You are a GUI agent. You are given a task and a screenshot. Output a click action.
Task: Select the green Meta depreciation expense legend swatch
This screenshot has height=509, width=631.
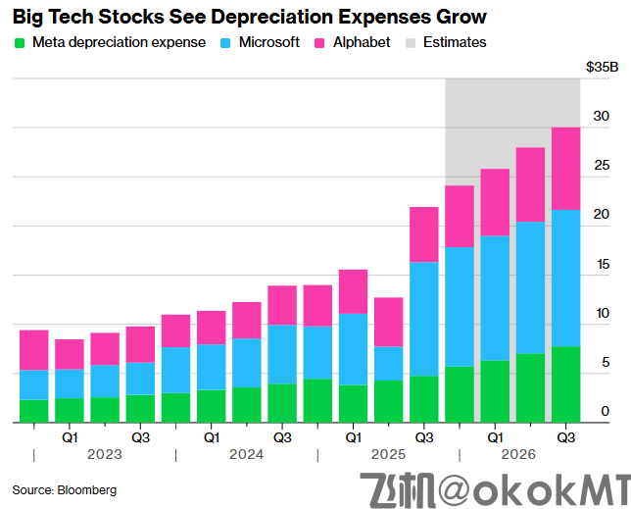click(20, 43)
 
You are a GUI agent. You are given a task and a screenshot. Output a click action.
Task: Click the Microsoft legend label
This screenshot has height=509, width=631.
click(268, 42)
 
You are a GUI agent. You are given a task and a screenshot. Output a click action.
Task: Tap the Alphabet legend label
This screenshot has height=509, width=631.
click(362, 42)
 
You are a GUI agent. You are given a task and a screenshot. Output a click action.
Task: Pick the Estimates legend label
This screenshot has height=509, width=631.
click(454, 42)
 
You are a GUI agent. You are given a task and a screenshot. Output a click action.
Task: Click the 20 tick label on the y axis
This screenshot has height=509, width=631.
click(602, 215)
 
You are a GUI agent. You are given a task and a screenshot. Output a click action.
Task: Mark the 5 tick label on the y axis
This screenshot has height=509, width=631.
click(606, 362)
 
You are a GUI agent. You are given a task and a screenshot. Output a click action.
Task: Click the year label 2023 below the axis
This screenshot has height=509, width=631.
click(105, 455)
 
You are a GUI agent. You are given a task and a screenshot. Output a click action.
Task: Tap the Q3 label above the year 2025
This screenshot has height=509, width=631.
click(424, 436)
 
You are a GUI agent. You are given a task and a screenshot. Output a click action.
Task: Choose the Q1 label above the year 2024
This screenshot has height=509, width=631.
click(211, 436)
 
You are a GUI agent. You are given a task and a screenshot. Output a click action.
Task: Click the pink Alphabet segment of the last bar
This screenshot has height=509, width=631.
click(565, 168)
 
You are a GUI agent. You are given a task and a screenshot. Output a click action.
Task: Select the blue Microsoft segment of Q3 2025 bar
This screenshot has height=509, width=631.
click(424, 319)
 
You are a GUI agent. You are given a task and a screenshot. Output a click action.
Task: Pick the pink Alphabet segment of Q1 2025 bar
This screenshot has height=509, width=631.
click(353, 291)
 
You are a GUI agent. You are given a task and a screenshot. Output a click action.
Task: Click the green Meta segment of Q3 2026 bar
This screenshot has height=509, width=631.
click(565, 384)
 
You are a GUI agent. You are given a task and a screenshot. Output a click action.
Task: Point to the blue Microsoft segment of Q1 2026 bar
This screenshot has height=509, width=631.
click(495, 298)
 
